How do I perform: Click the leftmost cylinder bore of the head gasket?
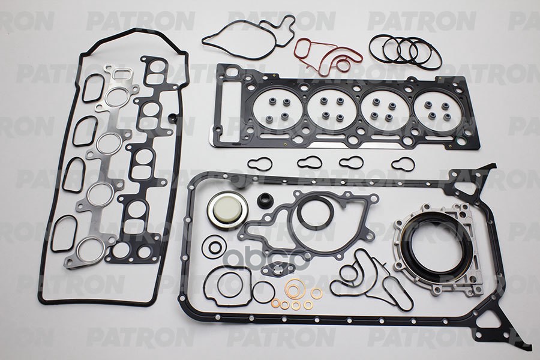277,109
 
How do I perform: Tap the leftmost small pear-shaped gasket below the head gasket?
260,163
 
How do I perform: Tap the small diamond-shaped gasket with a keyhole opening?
275,268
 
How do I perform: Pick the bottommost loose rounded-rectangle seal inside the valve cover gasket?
64,233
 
